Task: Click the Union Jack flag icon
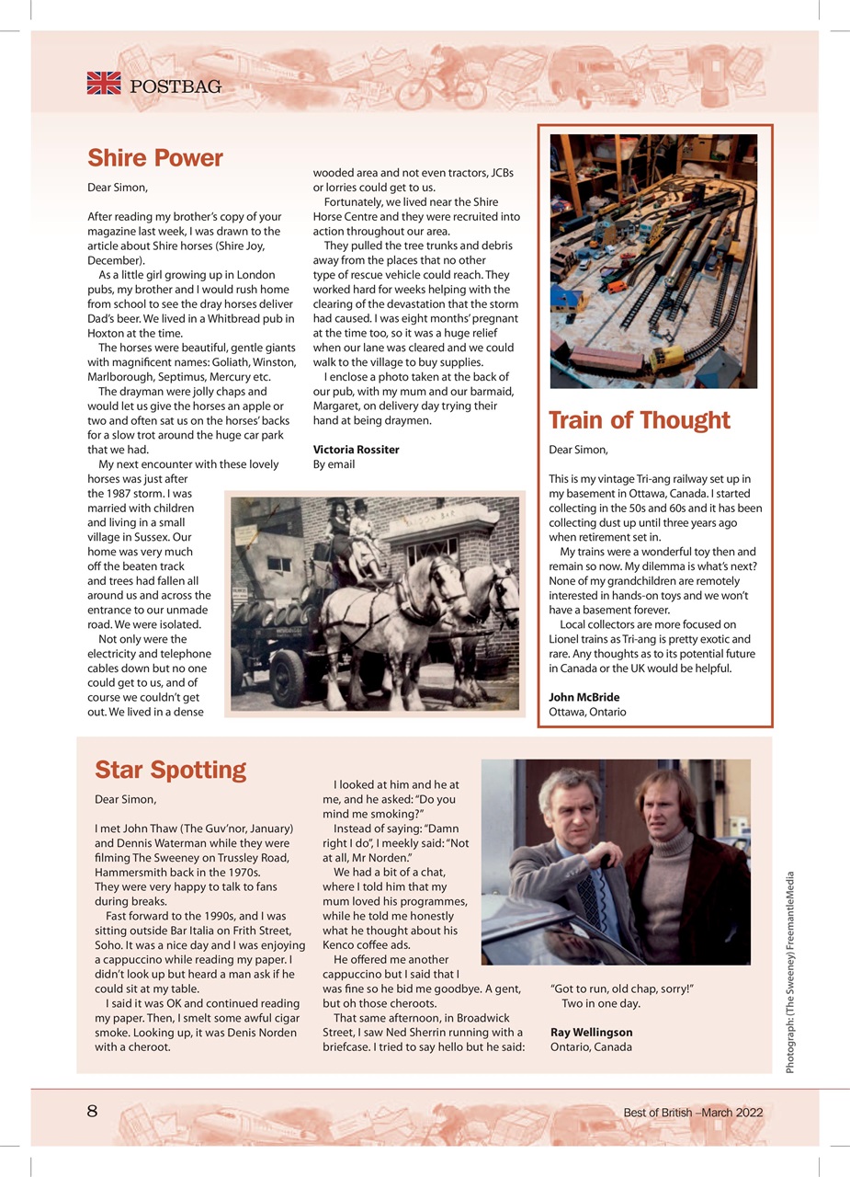[x=104, y=83]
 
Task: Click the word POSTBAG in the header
[x=176, y=87]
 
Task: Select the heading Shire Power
[x=155, y=158]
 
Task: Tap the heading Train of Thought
[x=639, y=420]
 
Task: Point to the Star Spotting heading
[x=171, y=770]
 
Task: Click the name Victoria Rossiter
[x=356, y=450]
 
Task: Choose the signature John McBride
[x=584, y=697]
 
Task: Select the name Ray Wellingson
[x=591, y=1032]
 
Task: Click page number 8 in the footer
[x=92, y=1111]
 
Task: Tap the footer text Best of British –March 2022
[x=693, y=1113]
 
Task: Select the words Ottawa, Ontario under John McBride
[x=587, y=712]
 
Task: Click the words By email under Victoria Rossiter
[x=334, y=464]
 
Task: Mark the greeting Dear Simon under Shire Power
[x=118, y=188]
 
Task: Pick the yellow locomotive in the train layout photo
[x=666, y=355]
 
